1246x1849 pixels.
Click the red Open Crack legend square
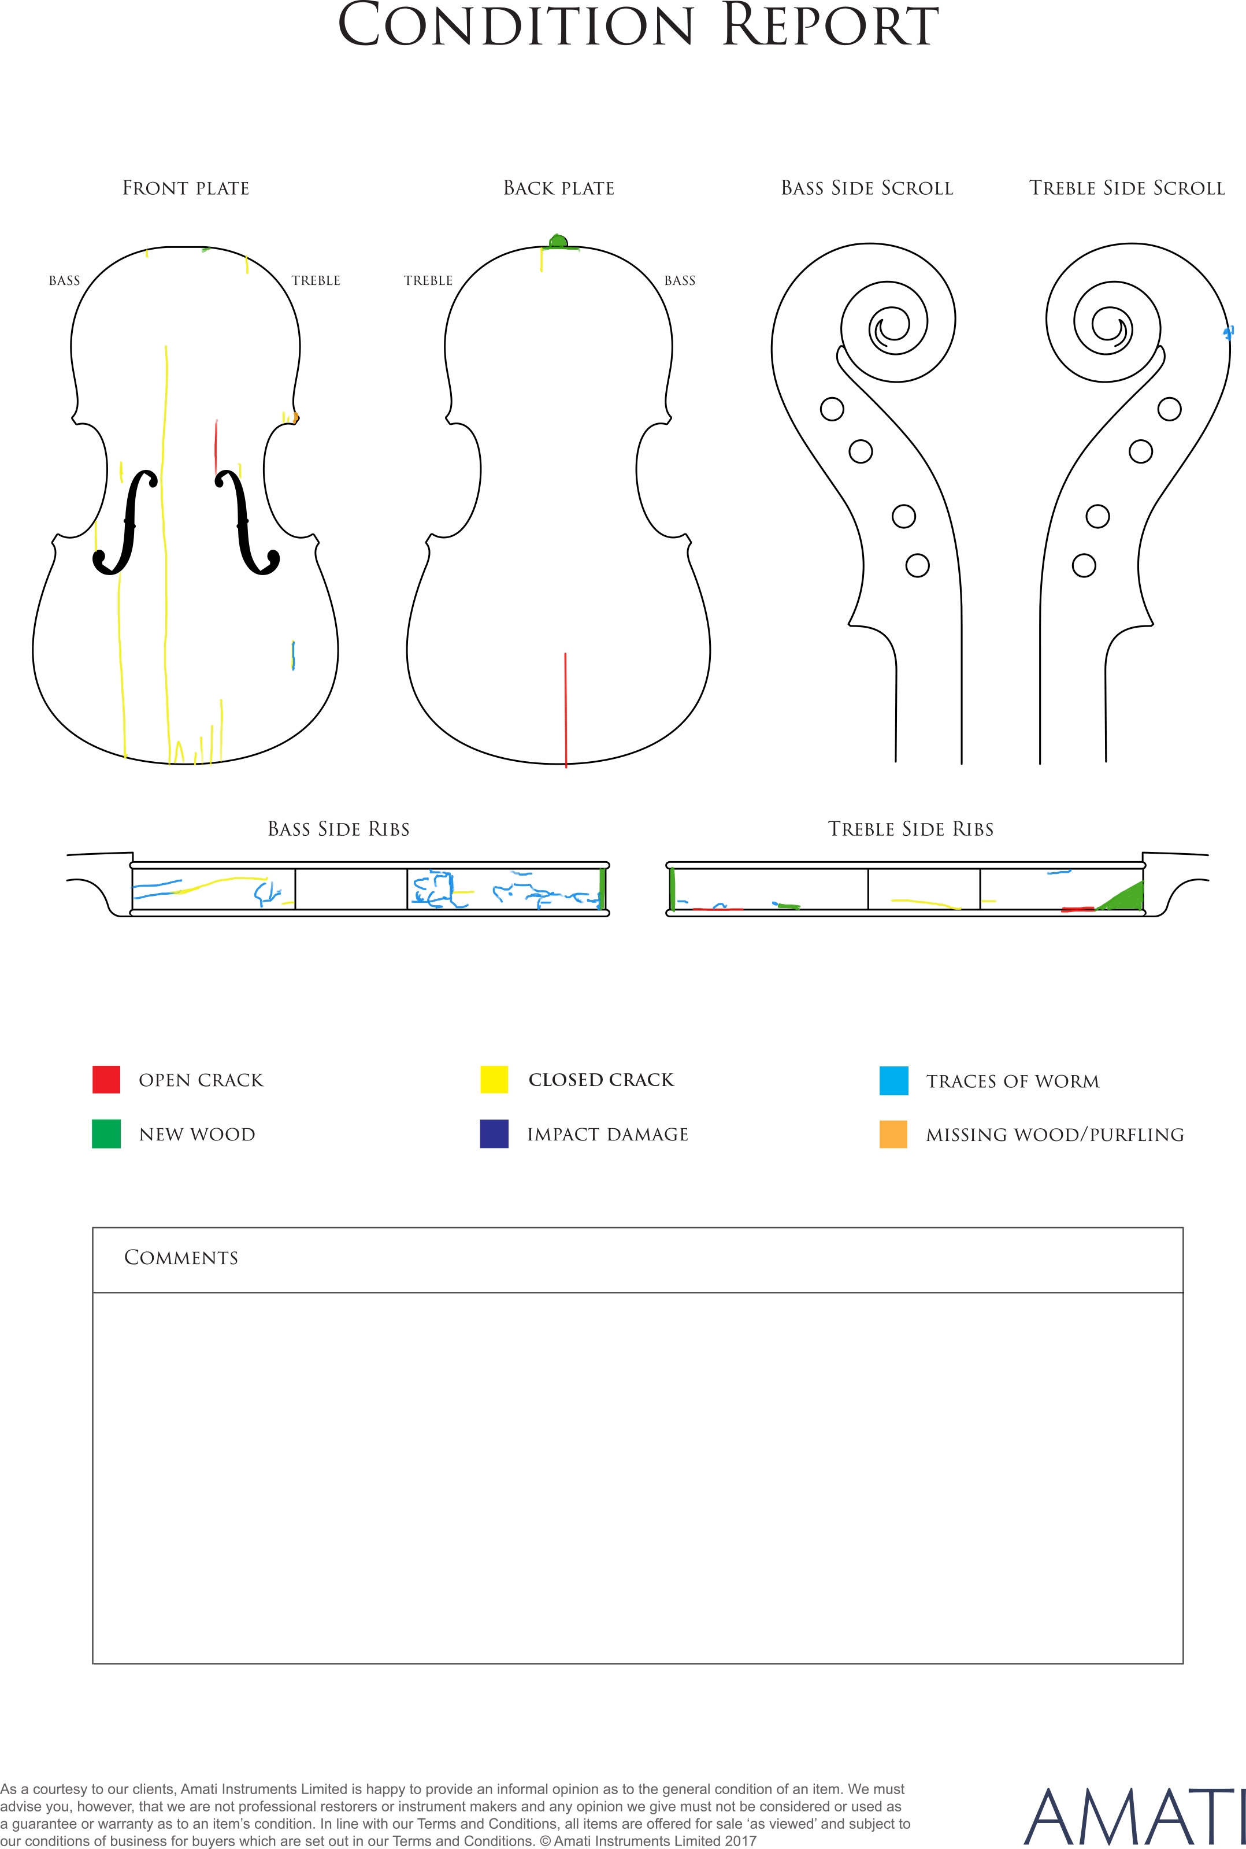[x=106, y=1079]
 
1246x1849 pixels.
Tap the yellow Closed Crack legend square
[x=494, y=1079]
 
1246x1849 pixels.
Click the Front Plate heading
[x=186, y=188]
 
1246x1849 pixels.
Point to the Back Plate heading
[x=559, y=188]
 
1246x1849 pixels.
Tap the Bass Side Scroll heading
[x=867, y=188]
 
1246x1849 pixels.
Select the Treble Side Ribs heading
[x=911, y=829]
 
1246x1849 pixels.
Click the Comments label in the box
[x=181, y=1258]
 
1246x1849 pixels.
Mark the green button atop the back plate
[x=559, y=242]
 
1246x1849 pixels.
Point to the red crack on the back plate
[x=566, y=710]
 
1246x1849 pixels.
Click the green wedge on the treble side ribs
[x=1122, y=896]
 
